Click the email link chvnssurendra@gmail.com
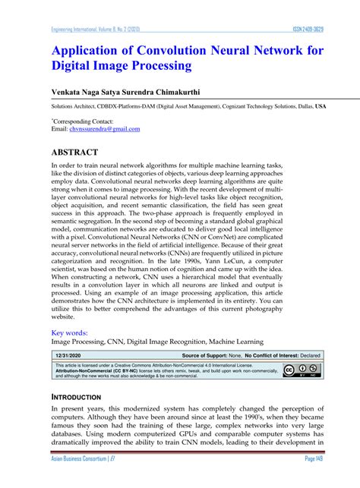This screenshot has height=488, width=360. coord(94,129)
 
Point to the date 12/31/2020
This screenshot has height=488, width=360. coord(68,354)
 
